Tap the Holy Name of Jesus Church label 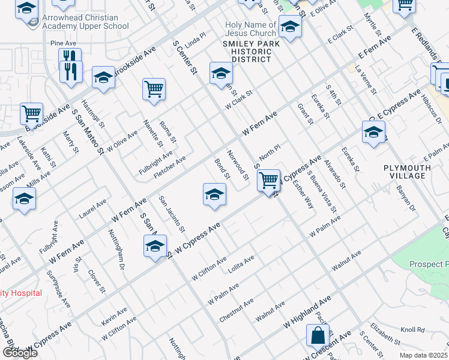pos(250,29)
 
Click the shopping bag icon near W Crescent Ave pos(317,336)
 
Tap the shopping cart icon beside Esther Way pos(268,179)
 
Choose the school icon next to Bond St pos(214,194)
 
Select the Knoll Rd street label pos(412,330)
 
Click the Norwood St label pos(238,165)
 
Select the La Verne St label pos(366,81)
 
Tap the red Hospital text pos(22,293)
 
